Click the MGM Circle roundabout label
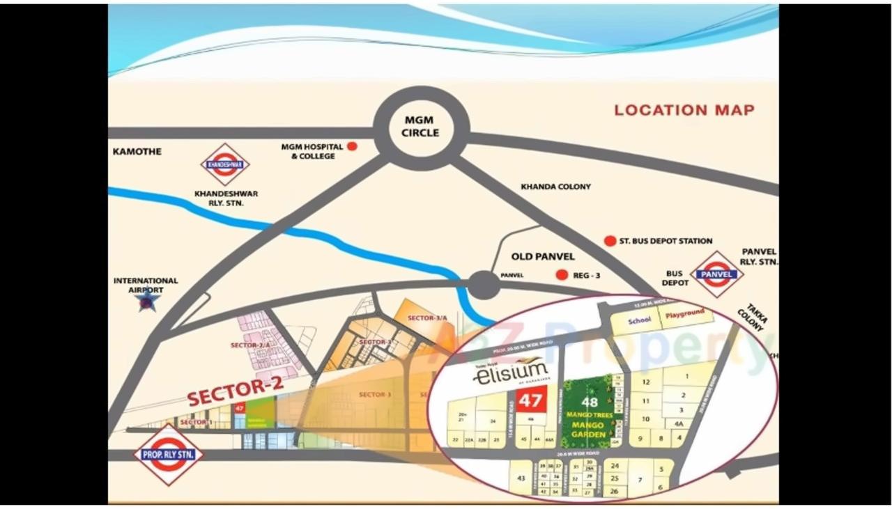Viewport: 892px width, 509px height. coord(421,127)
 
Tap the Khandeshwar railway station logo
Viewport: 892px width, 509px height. coord(225,164)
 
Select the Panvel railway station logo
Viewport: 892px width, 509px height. coord(716,274)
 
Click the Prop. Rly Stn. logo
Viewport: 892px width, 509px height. coord(168,455)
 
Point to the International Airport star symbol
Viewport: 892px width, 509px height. coord(147,301)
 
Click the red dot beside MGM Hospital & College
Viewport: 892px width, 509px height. coord(353,147)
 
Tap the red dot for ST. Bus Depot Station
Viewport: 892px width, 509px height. coord(610,241)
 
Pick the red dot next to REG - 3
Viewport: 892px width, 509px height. coord(562,275)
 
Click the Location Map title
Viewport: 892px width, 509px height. coord(684,110)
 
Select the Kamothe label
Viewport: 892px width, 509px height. coord(137,151)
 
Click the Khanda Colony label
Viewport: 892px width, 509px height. coord(555,187)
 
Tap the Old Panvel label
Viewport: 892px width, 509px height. coord(543,257)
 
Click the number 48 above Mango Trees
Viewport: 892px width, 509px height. coord(590,402)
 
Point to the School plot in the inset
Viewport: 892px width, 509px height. coord(638,320)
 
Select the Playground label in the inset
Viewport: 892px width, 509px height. coord(685,314)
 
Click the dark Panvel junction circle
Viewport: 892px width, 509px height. coord(483,285)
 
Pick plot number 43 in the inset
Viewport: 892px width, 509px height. coord(520,478)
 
